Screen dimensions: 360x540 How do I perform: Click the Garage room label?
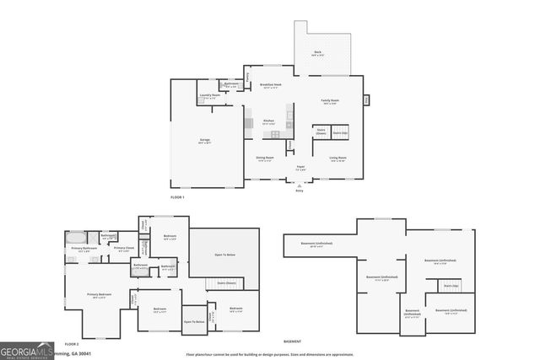(205, 140)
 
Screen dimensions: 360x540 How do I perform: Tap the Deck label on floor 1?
(317, 53)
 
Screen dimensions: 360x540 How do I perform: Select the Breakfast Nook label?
(271, 85)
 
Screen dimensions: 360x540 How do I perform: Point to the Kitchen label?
(267, 121)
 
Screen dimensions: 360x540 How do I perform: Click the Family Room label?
(328, 101)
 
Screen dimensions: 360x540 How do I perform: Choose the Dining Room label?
(264, 158)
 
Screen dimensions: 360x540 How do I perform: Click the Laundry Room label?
(210, 96)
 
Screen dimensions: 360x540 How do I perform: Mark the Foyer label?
(300, 168)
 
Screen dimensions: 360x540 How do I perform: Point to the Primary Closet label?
(123, 248)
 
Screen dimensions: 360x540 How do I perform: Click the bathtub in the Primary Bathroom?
(75, 237)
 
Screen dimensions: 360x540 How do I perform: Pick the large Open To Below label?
(224, 254)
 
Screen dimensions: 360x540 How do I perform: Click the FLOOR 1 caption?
(177, 197)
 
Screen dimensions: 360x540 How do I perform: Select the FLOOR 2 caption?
(72, 345)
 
